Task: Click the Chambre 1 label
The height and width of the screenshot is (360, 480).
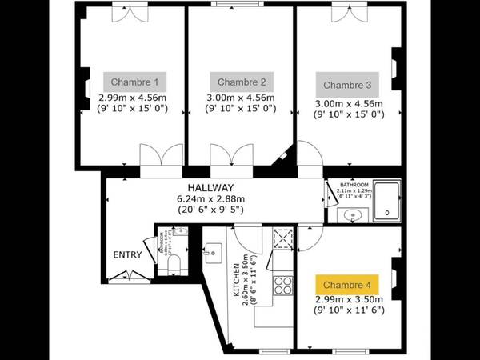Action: (134, 82)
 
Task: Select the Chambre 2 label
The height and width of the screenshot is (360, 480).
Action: (242, 82)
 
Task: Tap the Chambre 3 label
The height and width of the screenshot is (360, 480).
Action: (347, 84)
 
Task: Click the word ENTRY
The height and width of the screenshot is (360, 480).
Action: (128, 256)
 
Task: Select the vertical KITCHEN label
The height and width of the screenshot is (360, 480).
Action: (237, 281)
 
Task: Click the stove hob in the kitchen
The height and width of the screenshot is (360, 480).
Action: (282, 285)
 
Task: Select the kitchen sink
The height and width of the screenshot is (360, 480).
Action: (212, 250)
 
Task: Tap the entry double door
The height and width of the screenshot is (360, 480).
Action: (122, 276)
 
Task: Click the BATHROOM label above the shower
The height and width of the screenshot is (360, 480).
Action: (354, 183)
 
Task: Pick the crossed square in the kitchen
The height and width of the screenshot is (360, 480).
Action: (282, 238)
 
